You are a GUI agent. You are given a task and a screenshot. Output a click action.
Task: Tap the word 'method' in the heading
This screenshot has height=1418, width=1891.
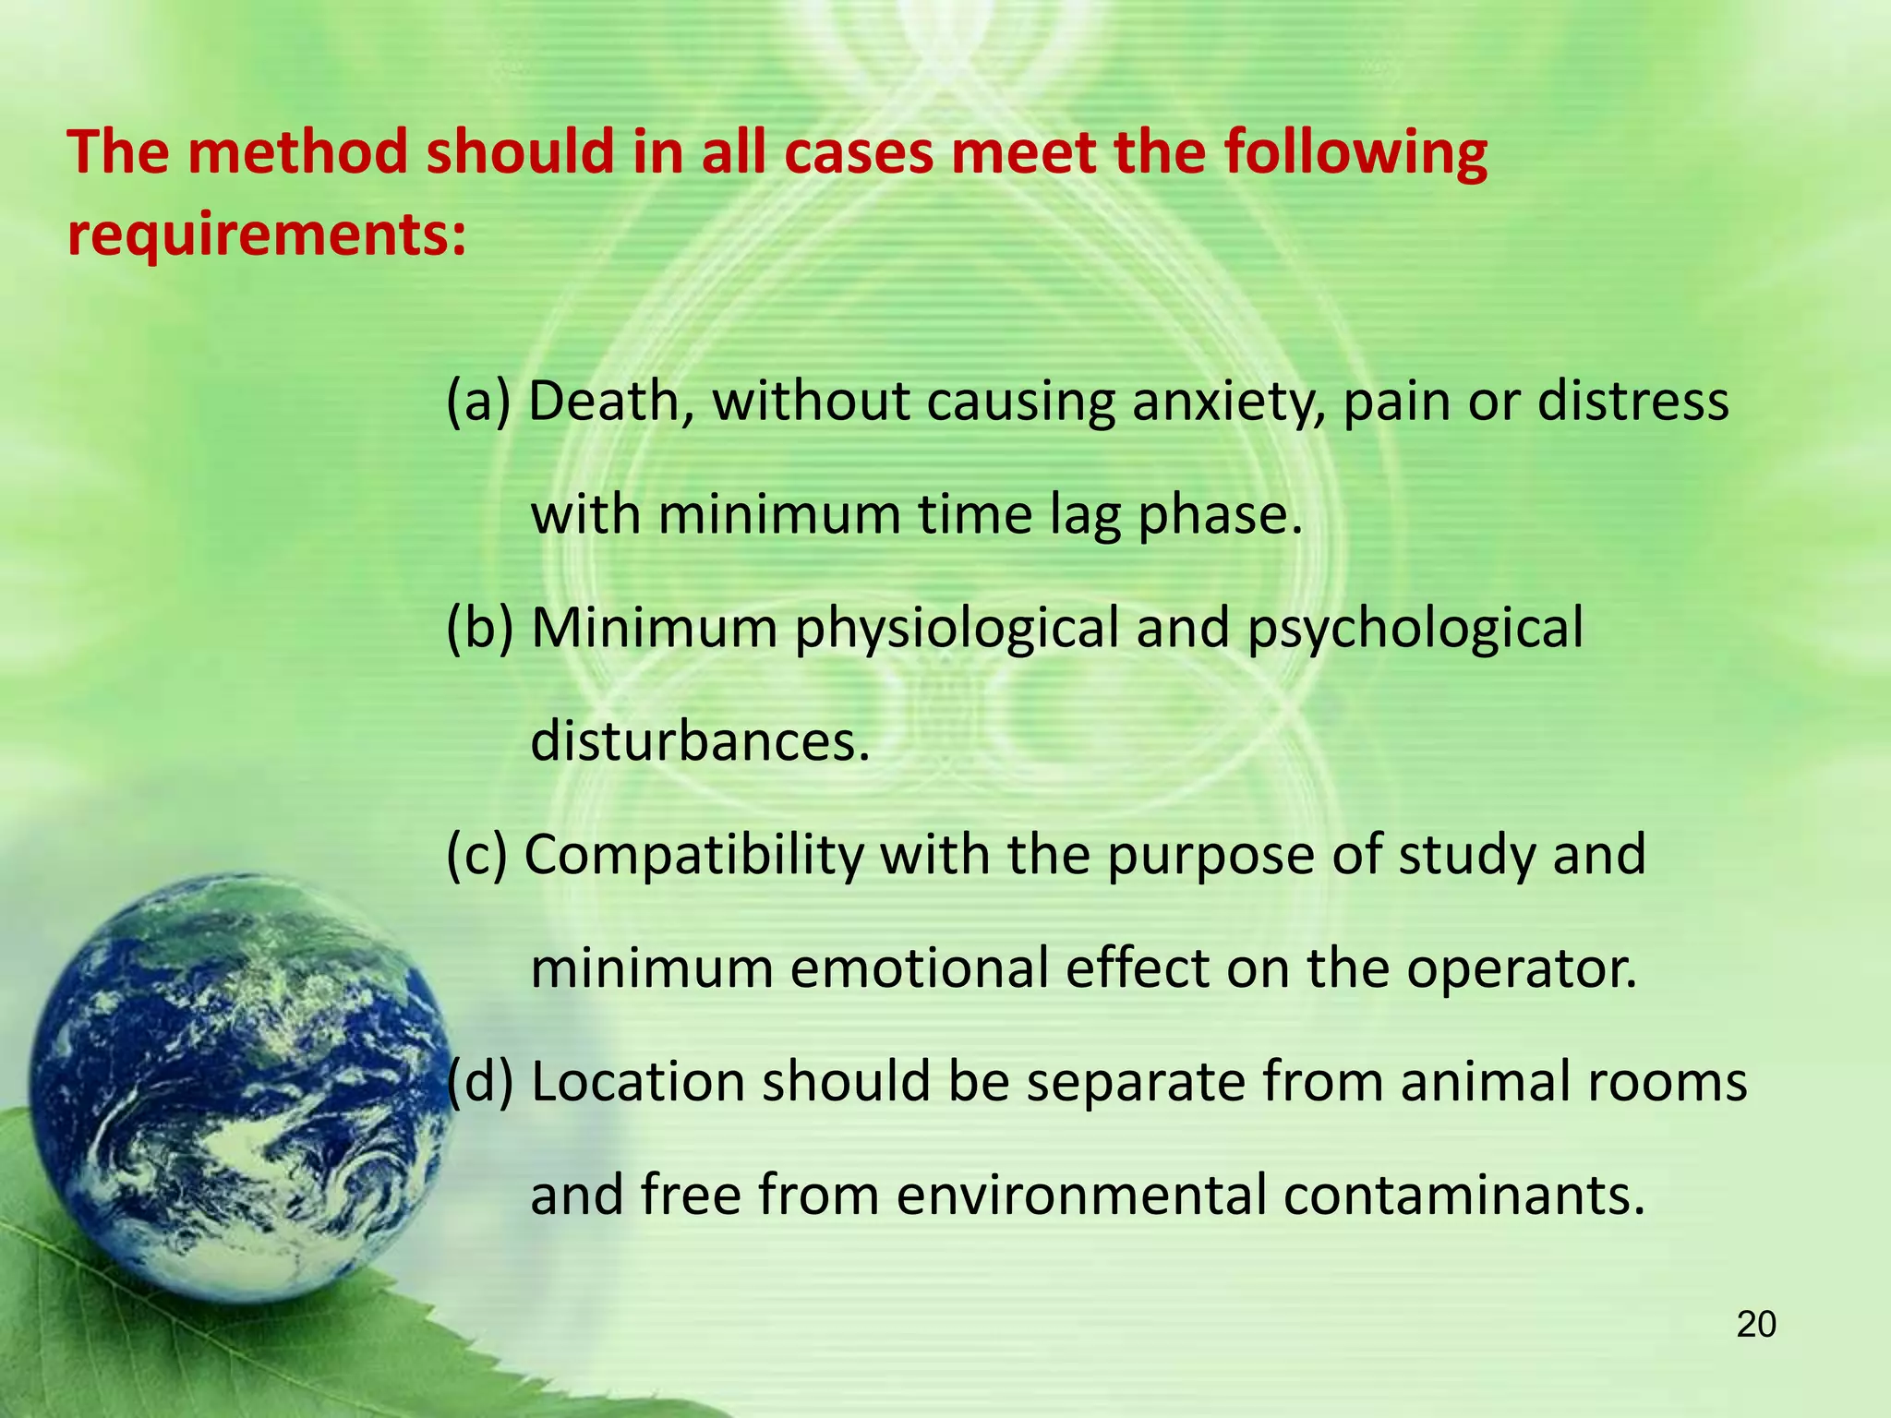(297, 152)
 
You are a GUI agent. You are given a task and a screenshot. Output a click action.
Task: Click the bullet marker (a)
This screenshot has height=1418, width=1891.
(478, 403)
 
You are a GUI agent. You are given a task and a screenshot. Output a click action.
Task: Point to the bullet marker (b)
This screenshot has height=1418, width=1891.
(479, 629)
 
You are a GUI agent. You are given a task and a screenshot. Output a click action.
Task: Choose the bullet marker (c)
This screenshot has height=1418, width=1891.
(477, 855)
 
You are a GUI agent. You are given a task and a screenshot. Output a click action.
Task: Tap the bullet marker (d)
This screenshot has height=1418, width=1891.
(479, 1082)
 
